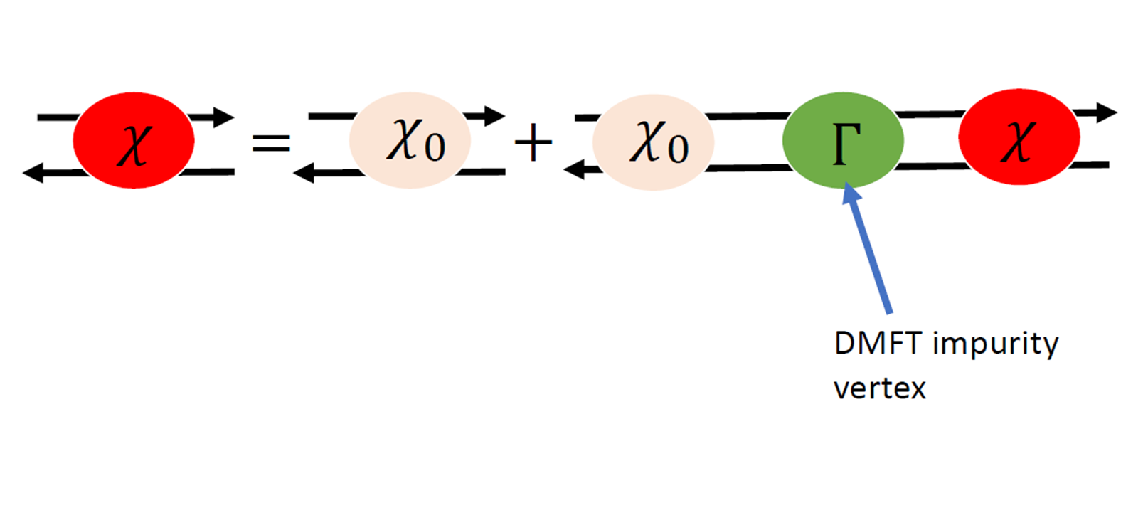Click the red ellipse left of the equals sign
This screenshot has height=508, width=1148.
click(134, 140)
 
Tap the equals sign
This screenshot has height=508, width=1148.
click(272, 143)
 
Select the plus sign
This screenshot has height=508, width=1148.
click(533, 143)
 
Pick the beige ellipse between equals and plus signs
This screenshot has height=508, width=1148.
click(410, 140)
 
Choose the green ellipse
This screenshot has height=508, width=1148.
click(843, 140)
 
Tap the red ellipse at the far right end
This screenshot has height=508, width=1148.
click(1019, 137)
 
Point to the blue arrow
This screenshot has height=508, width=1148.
click(868, 249)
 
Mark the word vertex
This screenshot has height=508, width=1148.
click(880, 388)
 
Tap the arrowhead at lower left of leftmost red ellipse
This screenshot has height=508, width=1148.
click(33, 172)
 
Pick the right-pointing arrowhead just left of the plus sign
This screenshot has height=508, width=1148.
click(495, 115)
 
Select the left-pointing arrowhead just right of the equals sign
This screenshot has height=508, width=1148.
click(304, 172)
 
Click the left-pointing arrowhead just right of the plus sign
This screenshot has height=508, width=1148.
click(573, 169)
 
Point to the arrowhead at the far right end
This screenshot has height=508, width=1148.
click(1107, 112)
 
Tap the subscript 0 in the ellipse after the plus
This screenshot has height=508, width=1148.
click(678, 149)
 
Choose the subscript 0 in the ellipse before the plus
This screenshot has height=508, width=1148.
click(435, 147)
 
